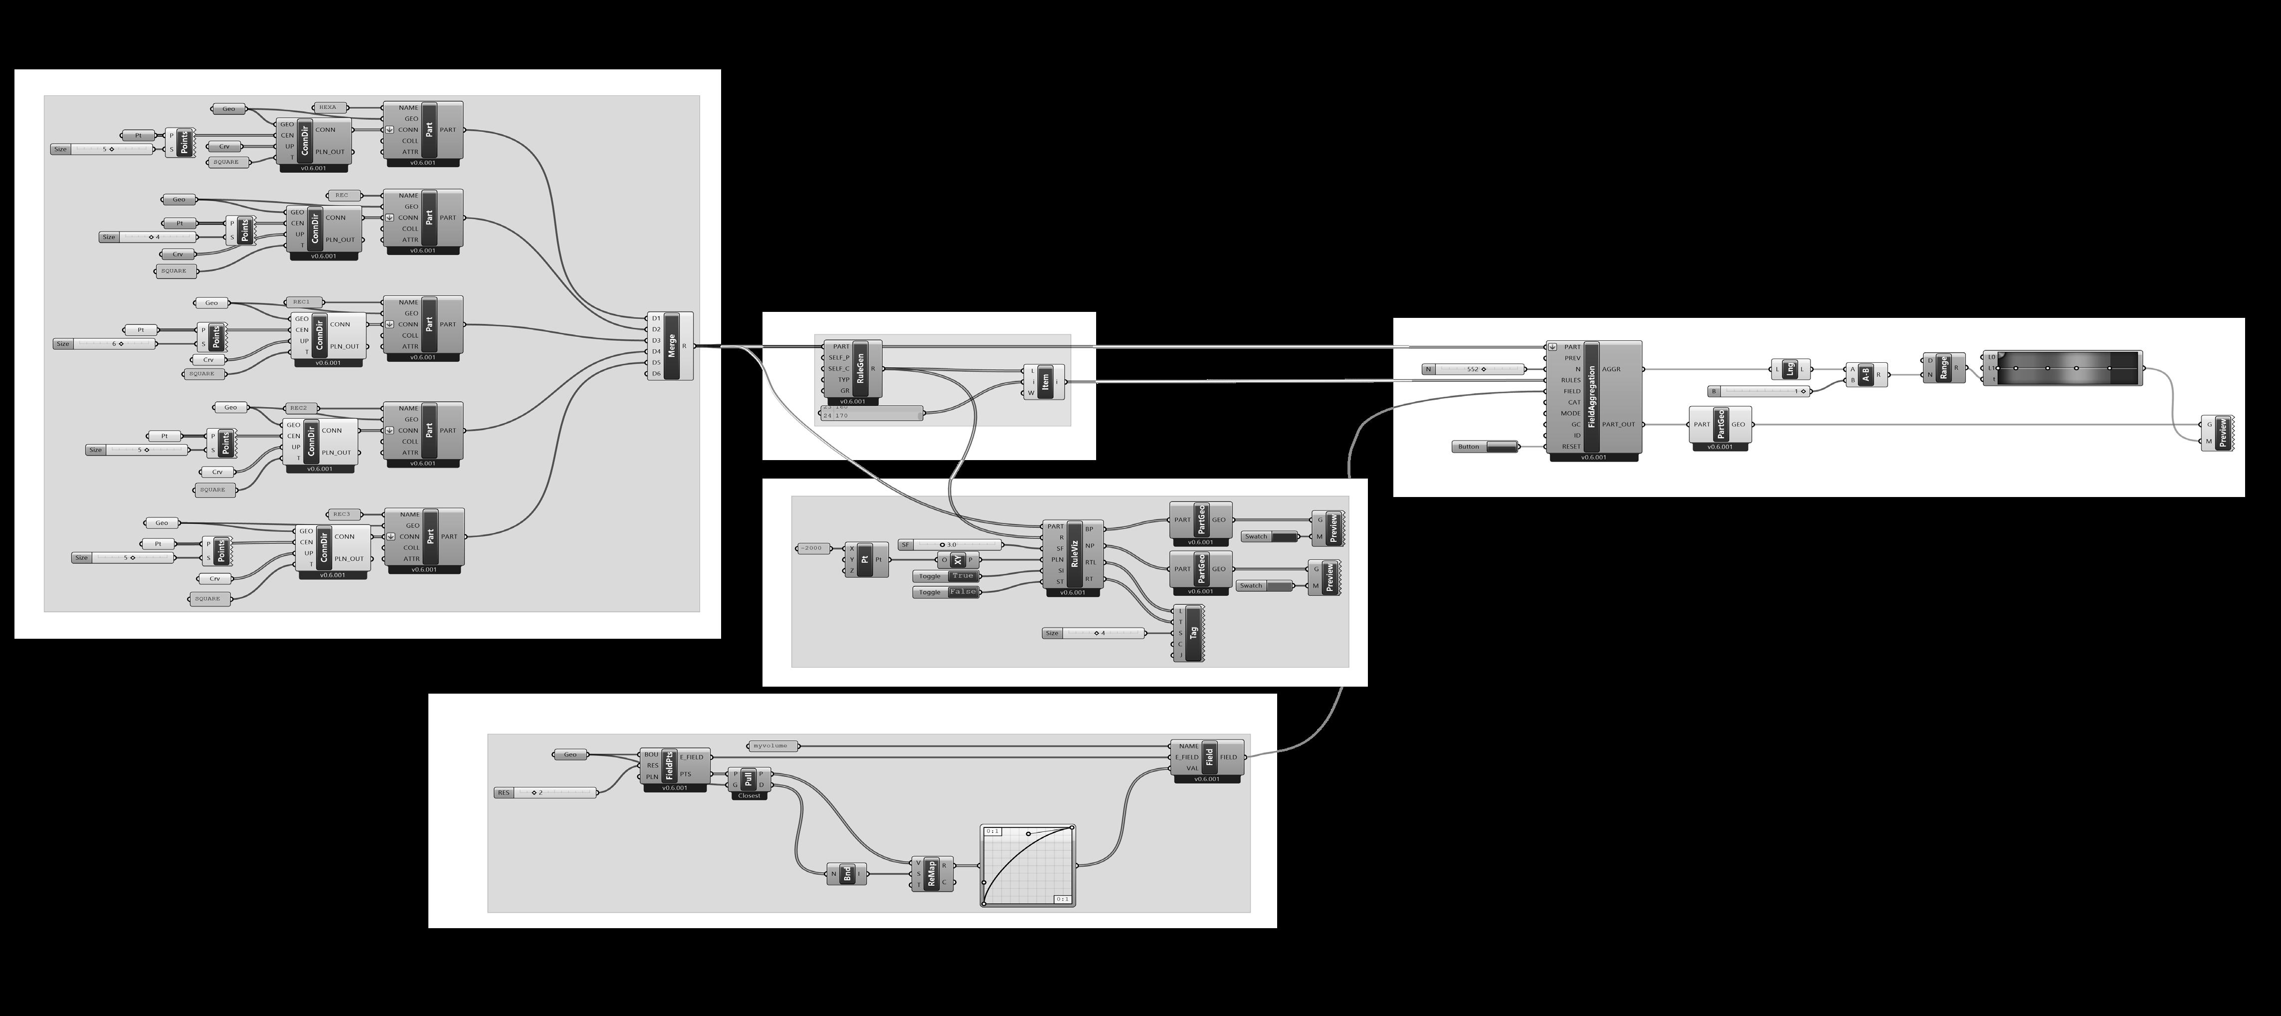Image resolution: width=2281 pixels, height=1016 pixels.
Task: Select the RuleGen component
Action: (860, 368)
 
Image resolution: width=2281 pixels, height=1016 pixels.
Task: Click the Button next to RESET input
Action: (1485, 447)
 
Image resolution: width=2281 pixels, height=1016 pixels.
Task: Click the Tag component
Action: (1193, 632)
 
